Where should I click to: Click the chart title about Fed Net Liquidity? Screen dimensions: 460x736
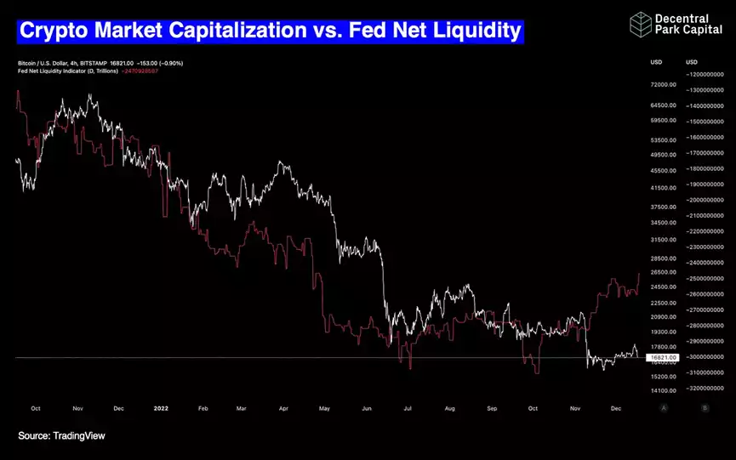coord(270,32)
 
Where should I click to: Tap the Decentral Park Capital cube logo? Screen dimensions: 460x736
coord(641,25)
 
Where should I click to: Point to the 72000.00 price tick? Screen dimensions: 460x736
coord(663,85)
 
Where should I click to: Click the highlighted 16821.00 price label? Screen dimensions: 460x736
coord(664,358)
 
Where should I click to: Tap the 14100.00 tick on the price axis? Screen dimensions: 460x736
coord(663,390)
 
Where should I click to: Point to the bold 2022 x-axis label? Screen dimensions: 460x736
coord(161,408)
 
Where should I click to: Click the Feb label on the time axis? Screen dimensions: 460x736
coord(203,408)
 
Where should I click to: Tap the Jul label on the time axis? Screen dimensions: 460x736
coord(408,408)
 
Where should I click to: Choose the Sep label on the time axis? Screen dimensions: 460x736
coord(491,408)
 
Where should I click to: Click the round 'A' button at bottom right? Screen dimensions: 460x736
coord(663,408)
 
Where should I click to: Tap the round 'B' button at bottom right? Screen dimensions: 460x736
coord(705,408)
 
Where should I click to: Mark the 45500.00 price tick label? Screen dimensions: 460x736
coord(663,171)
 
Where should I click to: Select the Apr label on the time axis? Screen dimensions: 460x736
coord(284,408)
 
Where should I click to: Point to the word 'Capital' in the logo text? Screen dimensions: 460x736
coord(700,31)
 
